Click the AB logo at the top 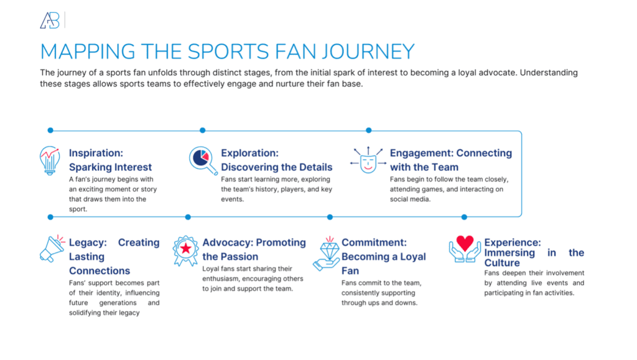(x=50, y=21)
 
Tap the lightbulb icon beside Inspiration (x=50, y=160)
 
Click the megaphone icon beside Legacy (x=52, y=248)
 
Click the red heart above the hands (x=465, y=242)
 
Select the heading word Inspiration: (x=95, y=153)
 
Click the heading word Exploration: (x=249, y=153)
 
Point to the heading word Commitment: (x=374, y=242)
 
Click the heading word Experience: (x=513, y=242)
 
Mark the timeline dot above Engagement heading (x=369, y=131)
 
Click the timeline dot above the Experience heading (x=464, y=217)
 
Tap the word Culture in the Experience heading (x=502, y=262)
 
